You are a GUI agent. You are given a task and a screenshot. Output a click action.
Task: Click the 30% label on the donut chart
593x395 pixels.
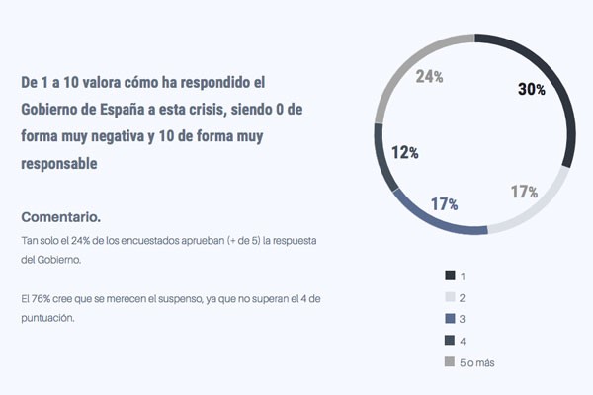coord(532,89)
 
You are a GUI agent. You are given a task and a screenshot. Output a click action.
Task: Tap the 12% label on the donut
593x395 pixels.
coord(405,153)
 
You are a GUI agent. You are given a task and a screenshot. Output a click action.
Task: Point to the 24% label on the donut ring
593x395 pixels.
coord(429,76)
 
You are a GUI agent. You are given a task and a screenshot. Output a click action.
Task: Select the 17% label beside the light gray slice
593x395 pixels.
coord(524,192)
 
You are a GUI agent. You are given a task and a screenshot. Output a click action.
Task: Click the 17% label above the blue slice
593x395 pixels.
coord(444,204)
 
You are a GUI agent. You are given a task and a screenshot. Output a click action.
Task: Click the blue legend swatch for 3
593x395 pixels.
coord(451,318)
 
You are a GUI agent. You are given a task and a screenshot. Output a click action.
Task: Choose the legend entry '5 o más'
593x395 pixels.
coord(476,363)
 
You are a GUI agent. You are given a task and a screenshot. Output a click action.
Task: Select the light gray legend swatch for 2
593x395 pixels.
coord(451,296)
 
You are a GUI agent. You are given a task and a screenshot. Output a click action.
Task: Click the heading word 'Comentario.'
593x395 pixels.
coord(60,216)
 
